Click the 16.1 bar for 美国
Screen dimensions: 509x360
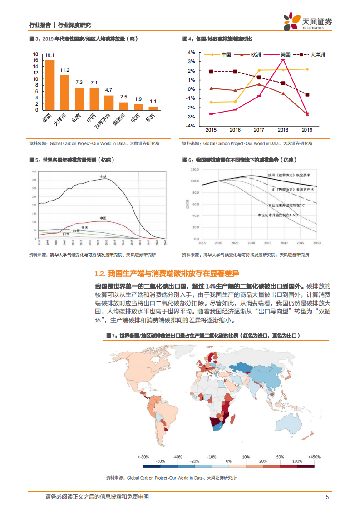pyautogui.click(x=50, y=85)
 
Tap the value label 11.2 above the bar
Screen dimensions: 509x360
pyautogui.click(x=65, y=70)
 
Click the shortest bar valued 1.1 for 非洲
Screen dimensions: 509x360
pyautogui.click(x=153, y=108)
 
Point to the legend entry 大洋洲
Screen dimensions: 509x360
pyautogui.click(x=318, y=55)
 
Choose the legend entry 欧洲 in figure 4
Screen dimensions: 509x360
pyautogui.click(x=256, y=55)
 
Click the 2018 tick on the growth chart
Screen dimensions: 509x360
pyautogui.click(x=283, y=130)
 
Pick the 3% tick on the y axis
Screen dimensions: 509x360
pyautogui.click(x=192, y=61)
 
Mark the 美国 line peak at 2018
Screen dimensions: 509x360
pyautogui.click(x=283, y=59)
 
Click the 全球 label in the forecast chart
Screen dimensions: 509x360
pyautogui.click(x=103, y=176)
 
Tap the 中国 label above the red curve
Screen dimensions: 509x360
pyautogui.click(x=103, y=218)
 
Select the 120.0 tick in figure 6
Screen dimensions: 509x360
pyautogui.click(x=196, y=169)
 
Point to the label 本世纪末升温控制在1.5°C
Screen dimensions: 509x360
pyautogui.click(x=278, y=215)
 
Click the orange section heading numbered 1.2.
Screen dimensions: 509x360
pyautogui.click(x=166, y=274)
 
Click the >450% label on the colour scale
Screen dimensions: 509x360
pyautogui.click(x=314, y=456)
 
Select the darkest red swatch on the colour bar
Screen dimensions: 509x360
pyautogui.click(x=307, y=465)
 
